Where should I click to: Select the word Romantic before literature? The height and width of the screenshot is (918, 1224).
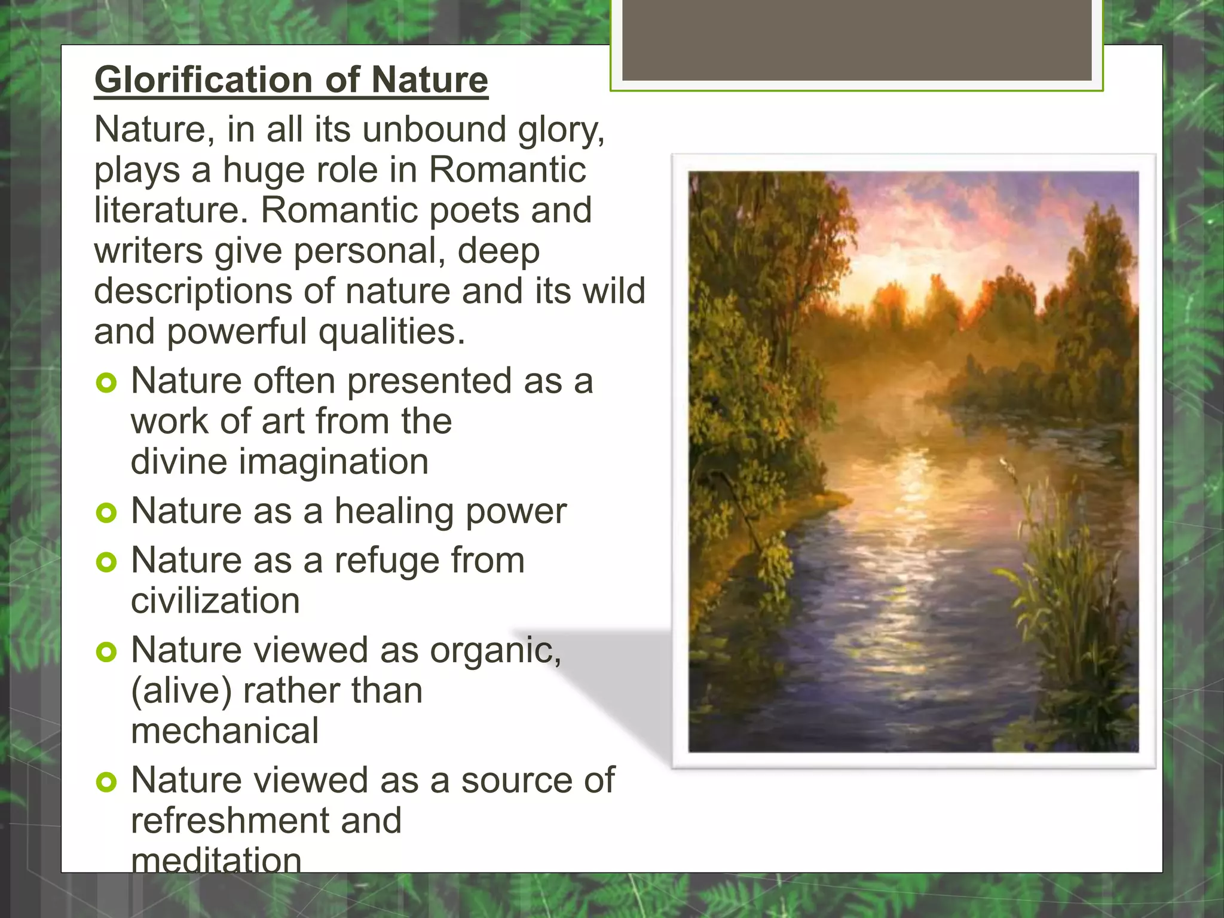[507, 170]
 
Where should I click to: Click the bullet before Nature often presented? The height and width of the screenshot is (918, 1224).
[106, 382]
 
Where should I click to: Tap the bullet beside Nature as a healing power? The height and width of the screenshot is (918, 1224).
[106, 512]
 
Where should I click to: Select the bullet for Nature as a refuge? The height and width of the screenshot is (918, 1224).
[106, 562]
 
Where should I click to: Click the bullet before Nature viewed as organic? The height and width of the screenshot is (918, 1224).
[106, 651]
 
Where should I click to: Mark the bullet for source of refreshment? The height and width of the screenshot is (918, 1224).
[106, 782]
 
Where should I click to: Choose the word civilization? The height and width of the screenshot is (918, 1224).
[215, 601]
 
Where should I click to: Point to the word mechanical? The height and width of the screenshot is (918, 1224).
[225, 732]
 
